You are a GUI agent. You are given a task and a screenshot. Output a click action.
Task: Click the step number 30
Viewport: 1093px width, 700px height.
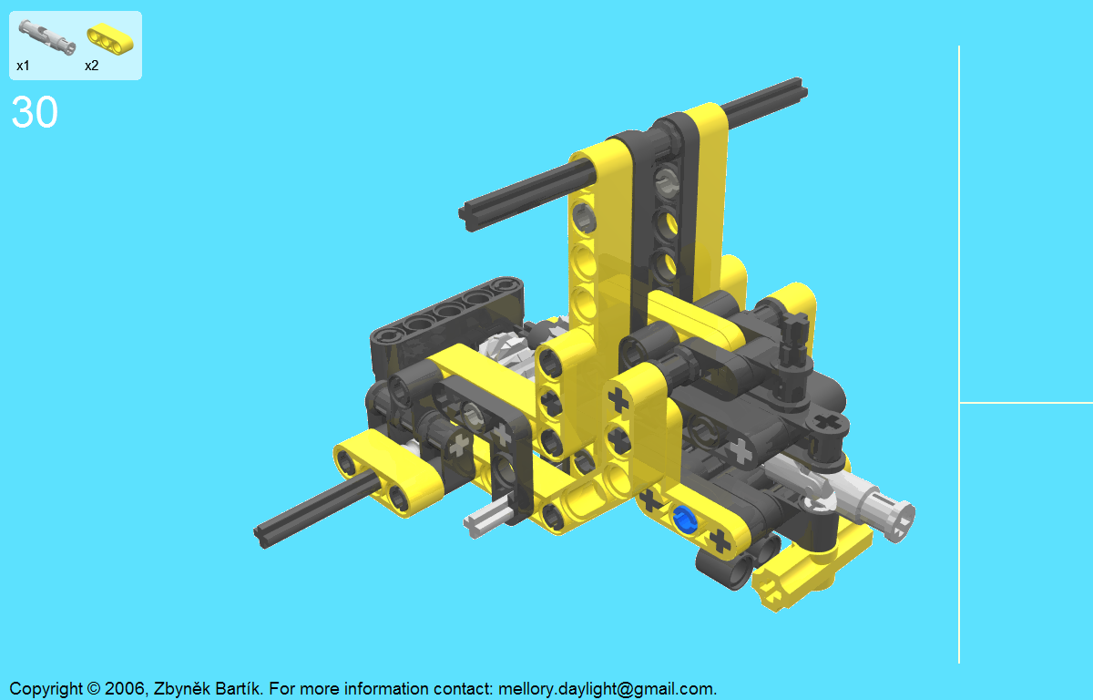click(x=35, y=112)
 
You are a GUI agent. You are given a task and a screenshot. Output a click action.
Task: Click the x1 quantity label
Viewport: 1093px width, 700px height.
click(x=23, y=66)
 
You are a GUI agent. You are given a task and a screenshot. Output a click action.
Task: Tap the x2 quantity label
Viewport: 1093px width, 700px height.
click(x=92, y=66)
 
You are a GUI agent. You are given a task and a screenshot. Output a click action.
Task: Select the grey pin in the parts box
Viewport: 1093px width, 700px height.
click(x=46, y=36)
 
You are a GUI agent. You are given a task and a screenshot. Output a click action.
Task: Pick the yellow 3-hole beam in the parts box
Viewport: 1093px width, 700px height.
click(x=110, y=38)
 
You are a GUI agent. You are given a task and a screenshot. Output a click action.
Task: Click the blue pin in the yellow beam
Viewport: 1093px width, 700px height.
click(x=684, y=519)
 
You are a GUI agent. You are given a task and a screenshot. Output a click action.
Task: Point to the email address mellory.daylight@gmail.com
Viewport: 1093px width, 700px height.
click(x=607, y=689)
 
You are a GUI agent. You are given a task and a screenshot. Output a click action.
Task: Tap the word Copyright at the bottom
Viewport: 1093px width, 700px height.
click(x=46, y=689)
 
